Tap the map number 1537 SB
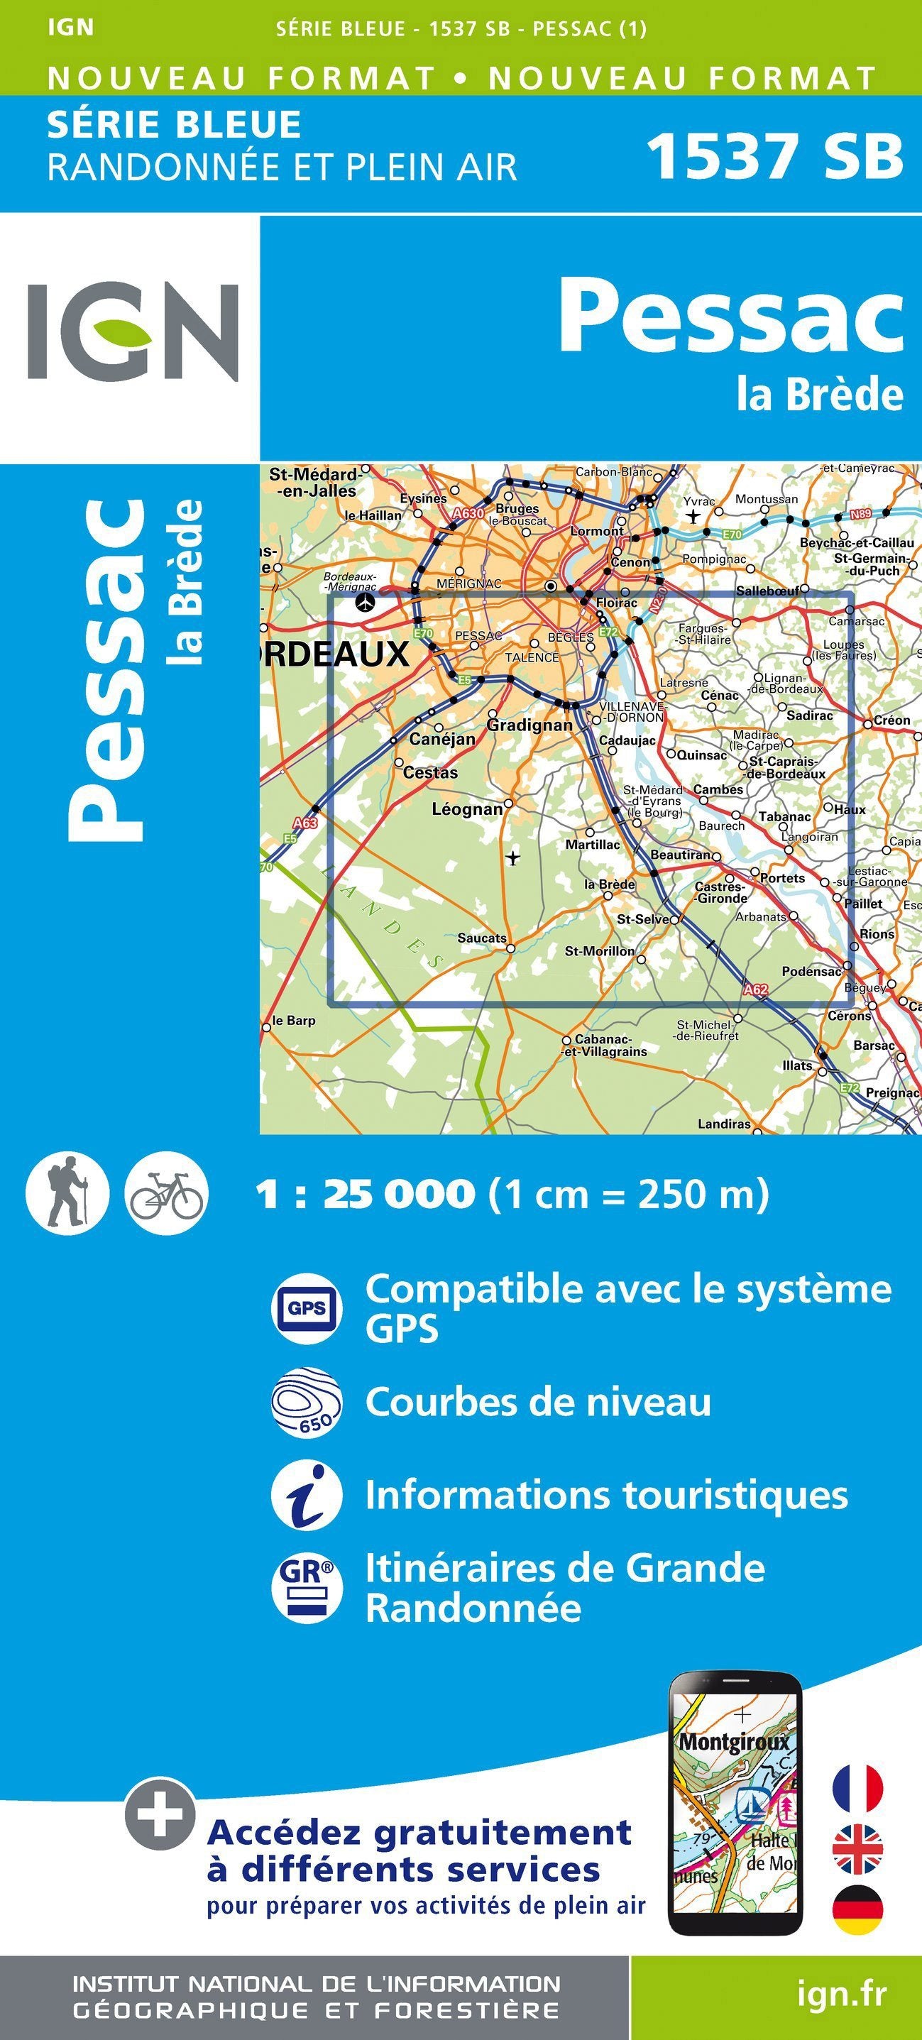coord(774,157)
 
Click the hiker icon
coord(67,1192)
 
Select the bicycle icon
coord(166,1192)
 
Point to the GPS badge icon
coord(307,1308)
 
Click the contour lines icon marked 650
coord(307,1403)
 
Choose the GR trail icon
coord(307,1587)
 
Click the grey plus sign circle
coord(159,1814)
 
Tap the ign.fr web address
coord(841,1994)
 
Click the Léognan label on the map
coord(467,809)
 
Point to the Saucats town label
coord(482,938)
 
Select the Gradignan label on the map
coord(529,725)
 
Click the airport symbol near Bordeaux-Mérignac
coord(365,603)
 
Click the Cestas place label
coord(430,773)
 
